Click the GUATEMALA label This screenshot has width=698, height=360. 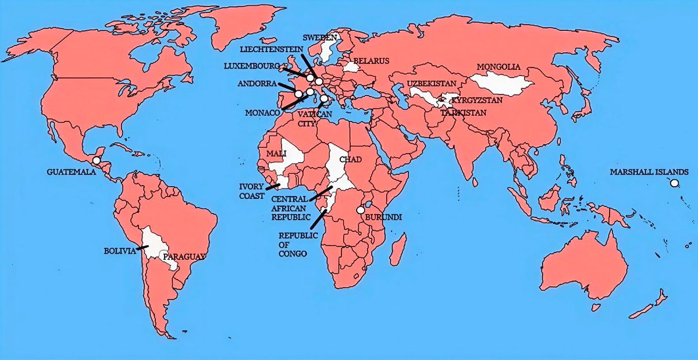tap(72, 172)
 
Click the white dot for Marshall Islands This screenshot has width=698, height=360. tap(674, 183)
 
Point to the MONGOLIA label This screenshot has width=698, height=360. tap(498, 66)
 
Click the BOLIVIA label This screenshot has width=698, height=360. tap(120, 251)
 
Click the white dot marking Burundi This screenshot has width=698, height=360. tap(361, 210)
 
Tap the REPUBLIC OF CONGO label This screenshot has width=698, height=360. tap(298, 244)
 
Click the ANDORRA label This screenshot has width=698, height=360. tap(257, 84)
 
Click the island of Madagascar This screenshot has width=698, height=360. tap(397, 250)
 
